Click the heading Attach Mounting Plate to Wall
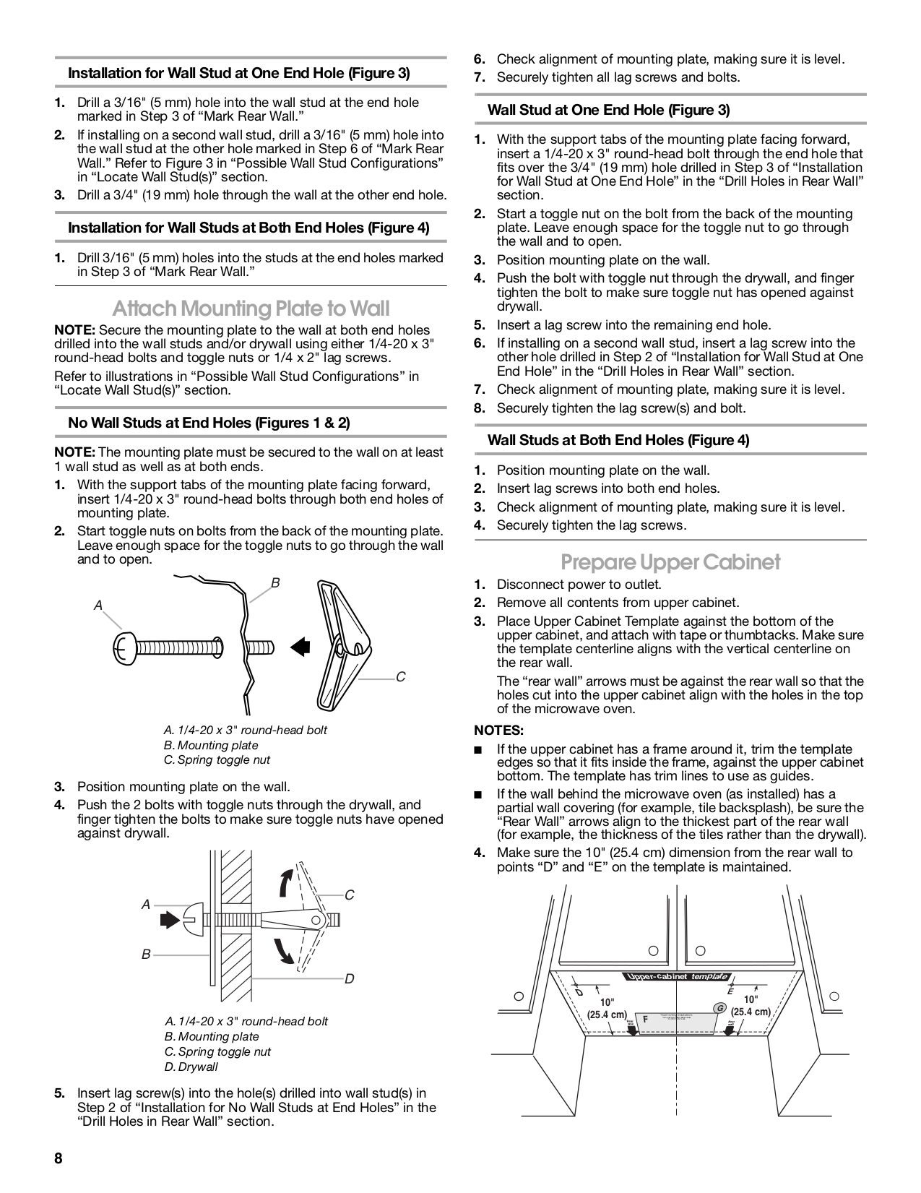pos(251,309)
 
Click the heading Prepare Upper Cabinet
pos(670,561)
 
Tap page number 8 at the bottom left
pos(59,1158)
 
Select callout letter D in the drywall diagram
pos(349,978)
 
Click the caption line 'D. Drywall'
pos(191,1067)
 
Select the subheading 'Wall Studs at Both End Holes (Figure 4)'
pos(618,440)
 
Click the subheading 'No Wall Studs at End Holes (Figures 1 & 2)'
pos(208,423)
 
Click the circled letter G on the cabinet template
pos(719,1007)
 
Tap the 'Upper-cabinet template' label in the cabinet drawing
pos(675,977)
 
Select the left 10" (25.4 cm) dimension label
pos(606,1008)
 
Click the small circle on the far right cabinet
pos(834,996)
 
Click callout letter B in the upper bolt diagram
pos(275,582)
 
